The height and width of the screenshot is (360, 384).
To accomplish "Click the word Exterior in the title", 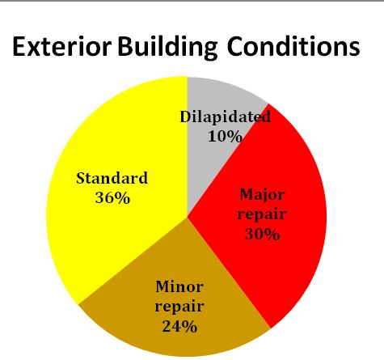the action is coord(61,47).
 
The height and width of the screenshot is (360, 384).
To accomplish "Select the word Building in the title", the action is coord(167,48).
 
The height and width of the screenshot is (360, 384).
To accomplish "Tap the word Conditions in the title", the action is coord(293,46).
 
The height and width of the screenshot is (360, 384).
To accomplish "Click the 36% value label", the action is coord(112,198).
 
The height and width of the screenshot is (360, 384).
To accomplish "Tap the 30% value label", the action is coord(263,234).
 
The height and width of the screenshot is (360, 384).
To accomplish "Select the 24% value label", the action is coord(179,326).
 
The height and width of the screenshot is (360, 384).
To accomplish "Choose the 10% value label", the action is coord(226,136).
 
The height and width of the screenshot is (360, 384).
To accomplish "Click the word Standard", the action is coord(112,178).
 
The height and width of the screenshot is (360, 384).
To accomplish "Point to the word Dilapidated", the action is coord(226,117).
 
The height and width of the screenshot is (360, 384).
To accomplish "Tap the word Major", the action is coord(262,195).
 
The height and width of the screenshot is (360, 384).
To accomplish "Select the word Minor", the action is coord(179,286).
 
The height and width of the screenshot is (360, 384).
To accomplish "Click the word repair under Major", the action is coord(262,215).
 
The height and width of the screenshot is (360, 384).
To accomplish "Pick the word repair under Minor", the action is coord(179,307).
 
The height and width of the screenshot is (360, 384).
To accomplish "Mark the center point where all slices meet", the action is coord(188,217).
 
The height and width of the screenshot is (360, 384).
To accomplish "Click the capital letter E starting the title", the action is coord(19,47).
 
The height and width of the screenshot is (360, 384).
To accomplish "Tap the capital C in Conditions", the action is coord(235,46).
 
